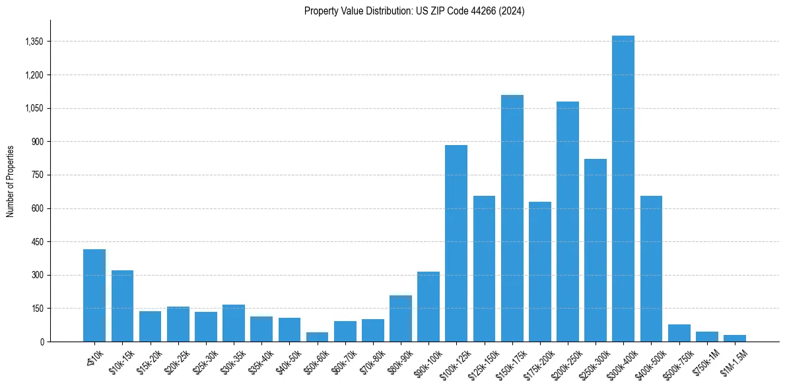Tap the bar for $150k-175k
point(512,218)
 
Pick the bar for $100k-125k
point(456,243)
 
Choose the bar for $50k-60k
point(317,337)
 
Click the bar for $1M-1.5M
point(734,338)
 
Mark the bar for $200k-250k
point(567,222)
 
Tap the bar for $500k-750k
point(679,333)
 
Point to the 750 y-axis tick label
point(37,175)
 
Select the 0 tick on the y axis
point(42,342)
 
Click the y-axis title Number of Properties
point(11,181)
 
